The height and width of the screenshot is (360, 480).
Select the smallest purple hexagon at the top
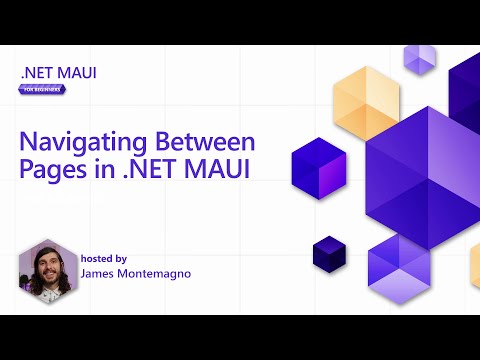click(419, 59)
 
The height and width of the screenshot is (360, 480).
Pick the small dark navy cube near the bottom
click(327, 252)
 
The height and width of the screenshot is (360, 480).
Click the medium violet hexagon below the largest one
click(398, 258)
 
